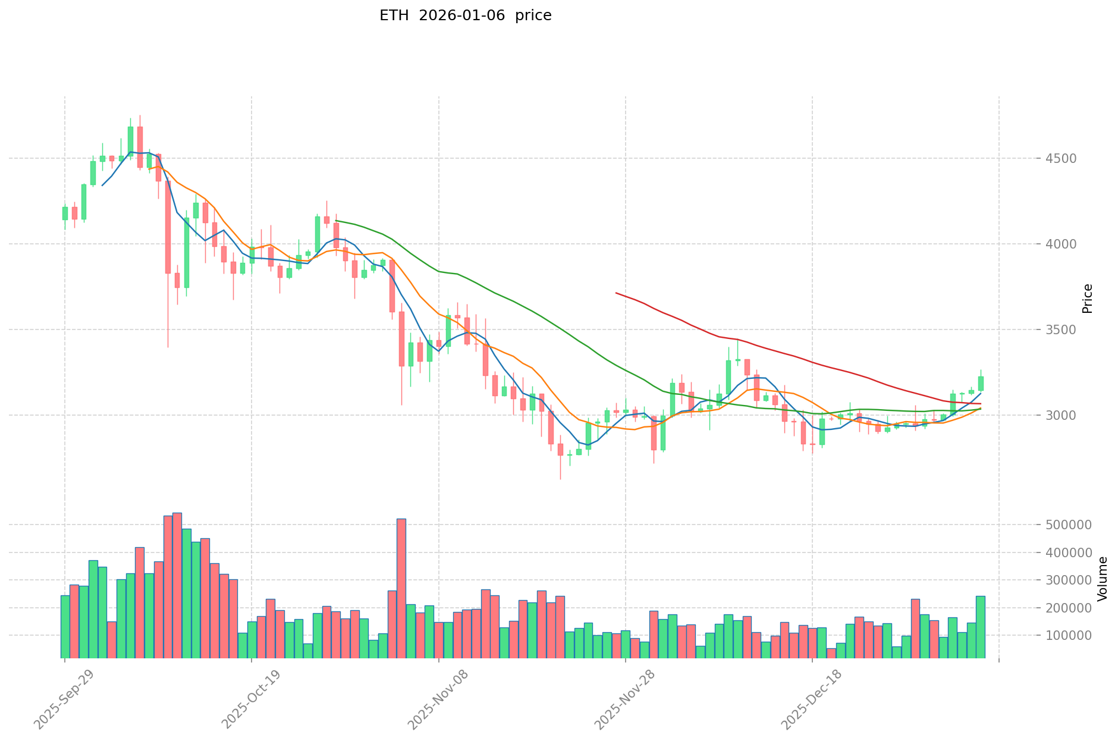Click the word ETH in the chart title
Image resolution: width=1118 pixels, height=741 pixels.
pyautogui.click(x=394, y=15)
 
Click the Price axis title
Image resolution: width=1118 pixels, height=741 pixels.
pyautogui.click(x=1087, y=299)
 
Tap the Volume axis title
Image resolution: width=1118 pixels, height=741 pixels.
pyautogui.click(x=1103, y=579)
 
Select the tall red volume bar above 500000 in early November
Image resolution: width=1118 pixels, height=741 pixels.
pyautogui.click(x=401, y=589)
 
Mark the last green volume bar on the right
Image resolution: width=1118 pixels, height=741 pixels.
pyautogui.click(x=980, y=627)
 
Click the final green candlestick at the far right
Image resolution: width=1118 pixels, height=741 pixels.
pyautogui.click(x=981, y=383)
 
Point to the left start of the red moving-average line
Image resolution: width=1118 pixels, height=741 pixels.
pyautogui.click(x=616, y=293)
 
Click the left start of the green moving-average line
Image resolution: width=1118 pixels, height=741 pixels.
pyautogui.click(x=336, y=221)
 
